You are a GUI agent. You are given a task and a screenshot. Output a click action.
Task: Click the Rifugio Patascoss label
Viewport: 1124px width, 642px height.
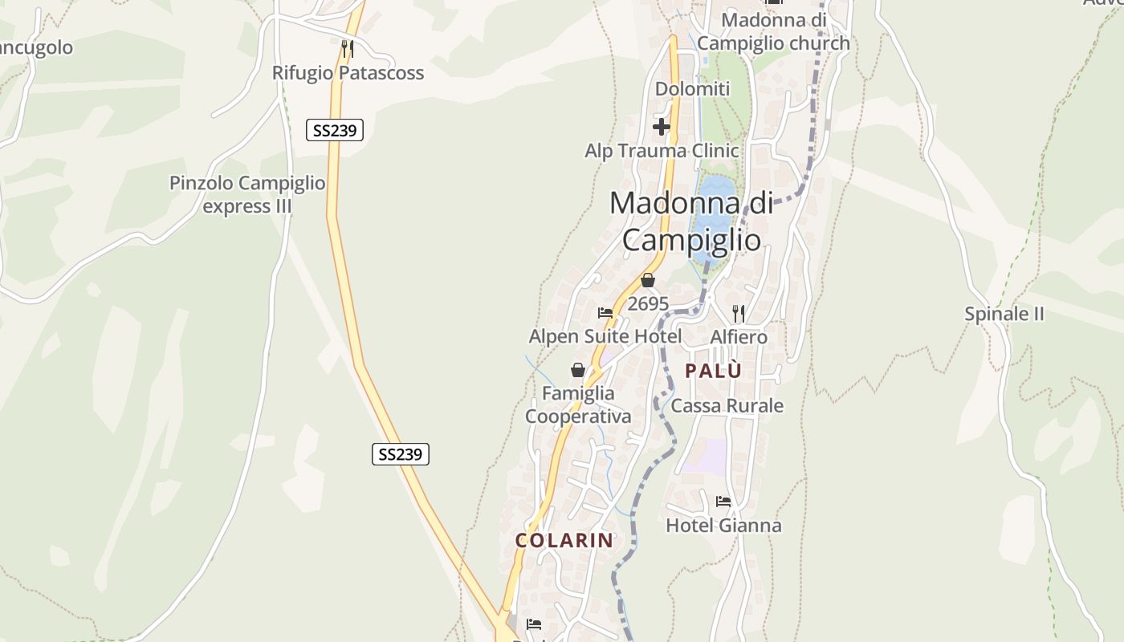point(348,73)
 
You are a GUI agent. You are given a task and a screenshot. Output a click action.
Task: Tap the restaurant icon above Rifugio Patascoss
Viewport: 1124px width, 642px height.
point(347,49)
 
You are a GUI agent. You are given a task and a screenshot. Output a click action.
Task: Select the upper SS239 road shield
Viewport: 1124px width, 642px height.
point(335,130)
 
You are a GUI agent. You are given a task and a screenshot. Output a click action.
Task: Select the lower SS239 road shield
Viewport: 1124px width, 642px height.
point(401,454)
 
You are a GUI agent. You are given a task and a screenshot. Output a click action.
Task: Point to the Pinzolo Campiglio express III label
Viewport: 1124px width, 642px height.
point(247,194)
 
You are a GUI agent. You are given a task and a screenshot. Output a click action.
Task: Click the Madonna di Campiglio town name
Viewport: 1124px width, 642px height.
point(691,221)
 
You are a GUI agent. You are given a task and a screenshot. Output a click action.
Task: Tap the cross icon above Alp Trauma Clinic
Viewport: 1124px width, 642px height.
point(662,127)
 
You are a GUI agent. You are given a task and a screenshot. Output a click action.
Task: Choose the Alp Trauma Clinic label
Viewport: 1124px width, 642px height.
point(662,151)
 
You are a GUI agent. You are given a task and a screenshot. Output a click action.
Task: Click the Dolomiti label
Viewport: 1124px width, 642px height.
point(693,89)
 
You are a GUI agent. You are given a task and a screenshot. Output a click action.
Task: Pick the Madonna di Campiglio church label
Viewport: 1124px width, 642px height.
point(773,30)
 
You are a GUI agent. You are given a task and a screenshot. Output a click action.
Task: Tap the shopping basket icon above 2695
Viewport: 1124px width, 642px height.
point(648,281)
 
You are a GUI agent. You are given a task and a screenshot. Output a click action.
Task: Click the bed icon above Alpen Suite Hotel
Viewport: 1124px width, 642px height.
point(605,313)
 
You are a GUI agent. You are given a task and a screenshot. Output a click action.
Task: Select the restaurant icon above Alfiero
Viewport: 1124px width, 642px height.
point(739,313)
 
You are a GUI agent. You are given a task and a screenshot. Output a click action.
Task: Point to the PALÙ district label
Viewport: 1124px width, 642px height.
point(713,371)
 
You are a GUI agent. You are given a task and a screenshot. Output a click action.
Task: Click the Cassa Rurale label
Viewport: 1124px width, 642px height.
point(727,406)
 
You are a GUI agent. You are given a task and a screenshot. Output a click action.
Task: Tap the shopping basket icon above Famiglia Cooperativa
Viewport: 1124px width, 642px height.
point(578,370)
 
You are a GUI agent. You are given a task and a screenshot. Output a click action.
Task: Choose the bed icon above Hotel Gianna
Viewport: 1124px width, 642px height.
point(723,502)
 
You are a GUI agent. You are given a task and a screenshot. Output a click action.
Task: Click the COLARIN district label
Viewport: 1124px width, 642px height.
point(564,540)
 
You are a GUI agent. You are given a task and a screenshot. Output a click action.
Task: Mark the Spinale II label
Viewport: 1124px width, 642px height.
point(1004,314)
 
